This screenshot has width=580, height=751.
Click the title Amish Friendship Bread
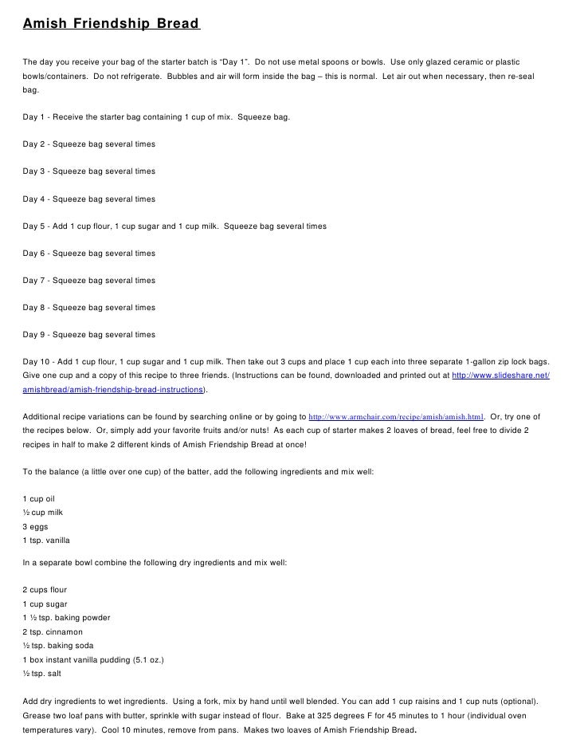110,23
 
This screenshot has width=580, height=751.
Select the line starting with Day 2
89,144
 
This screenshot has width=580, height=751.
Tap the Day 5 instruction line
174,226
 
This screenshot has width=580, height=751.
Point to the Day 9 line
89,335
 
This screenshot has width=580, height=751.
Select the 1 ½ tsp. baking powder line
66,618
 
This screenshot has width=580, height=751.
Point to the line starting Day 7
89,281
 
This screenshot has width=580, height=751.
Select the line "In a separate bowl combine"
155,563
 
